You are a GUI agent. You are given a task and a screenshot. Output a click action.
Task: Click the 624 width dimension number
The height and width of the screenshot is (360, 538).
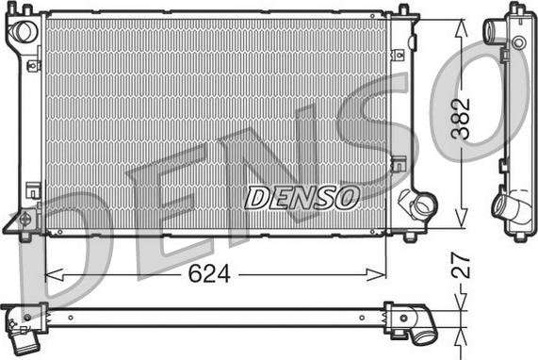point(209,274)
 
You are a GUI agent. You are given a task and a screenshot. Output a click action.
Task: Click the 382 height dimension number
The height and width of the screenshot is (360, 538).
point(461,119)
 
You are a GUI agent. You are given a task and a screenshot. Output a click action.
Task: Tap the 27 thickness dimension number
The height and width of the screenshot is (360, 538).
point(461,266)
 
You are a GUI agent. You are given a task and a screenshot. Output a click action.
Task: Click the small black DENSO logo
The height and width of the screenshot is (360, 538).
point(302,198)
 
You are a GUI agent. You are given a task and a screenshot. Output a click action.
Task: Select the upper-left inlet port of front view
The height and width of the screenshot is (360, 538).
point(24,32)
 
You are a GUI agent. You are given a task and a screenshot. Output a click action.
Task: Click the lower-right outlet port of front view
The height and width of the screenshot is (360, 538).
point(424,205)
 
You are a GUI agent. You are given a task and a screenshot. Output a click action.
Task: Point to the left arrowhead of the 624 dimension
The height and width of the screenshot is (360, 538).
point(54,274)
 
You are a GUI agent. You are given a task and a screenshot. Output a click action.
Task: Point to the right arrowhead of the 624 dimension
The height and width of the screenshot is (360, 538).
point(377,274)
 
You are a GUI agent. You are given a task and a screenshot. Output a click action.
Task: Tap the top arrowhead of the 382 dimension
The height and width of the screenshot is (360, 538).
point(462,28)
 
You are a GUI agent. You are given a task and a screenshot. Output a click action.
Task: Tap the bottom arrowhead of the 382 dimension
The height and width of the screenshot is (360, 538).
point(462,219)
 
